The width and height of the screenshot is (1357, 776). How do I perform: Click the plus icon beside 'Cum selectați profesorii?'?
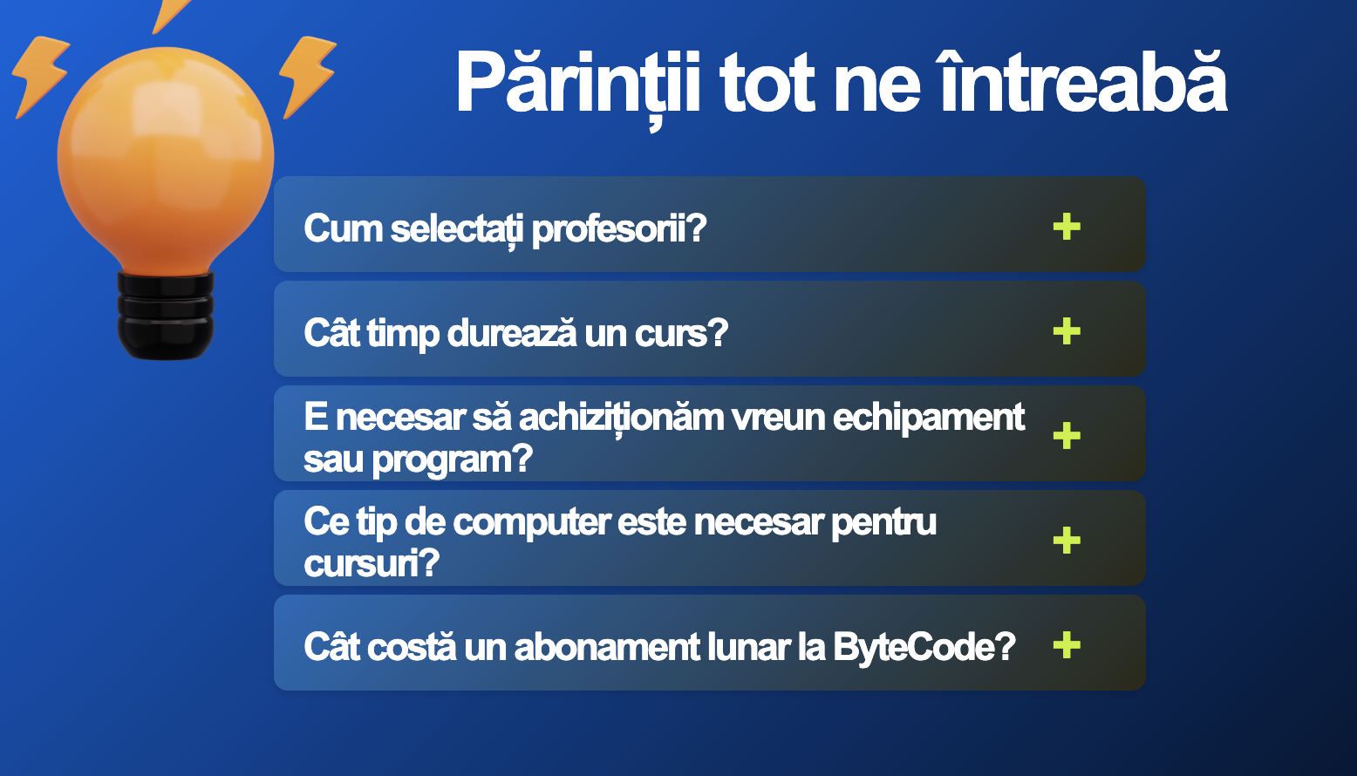(1067, 227)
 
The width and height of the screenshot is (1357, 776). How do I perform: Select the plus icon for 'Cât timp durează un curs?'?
(1067, 331)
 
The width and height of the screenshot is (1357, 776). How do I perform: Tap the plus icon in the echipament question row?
(1067, 436)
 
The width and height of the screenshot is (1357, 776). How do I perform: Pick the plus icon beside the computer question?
(1067, 541)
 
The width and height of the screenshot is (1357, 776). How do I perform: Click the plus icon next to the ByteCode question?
(1067, 645)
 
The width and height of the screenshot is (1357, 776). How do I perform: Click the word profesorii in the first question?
(619, 229)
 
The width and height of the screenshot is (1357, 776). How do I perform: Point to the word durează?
(512, 333)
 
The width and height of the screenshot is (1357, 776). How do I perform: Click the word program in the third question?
(452, 460)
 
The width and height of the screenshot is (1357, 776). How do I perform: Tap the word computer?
(532, 523)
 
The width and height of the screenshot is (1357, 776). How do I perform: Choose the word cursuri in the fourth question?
(372, 563)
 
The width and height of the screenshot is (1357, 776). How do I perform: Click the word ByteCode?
(924, 648)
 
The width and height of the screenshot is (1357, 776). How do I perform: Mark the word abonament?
(607, 647)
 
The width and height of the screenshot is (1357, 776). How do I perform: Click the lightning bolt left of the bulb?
(40, 76)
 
